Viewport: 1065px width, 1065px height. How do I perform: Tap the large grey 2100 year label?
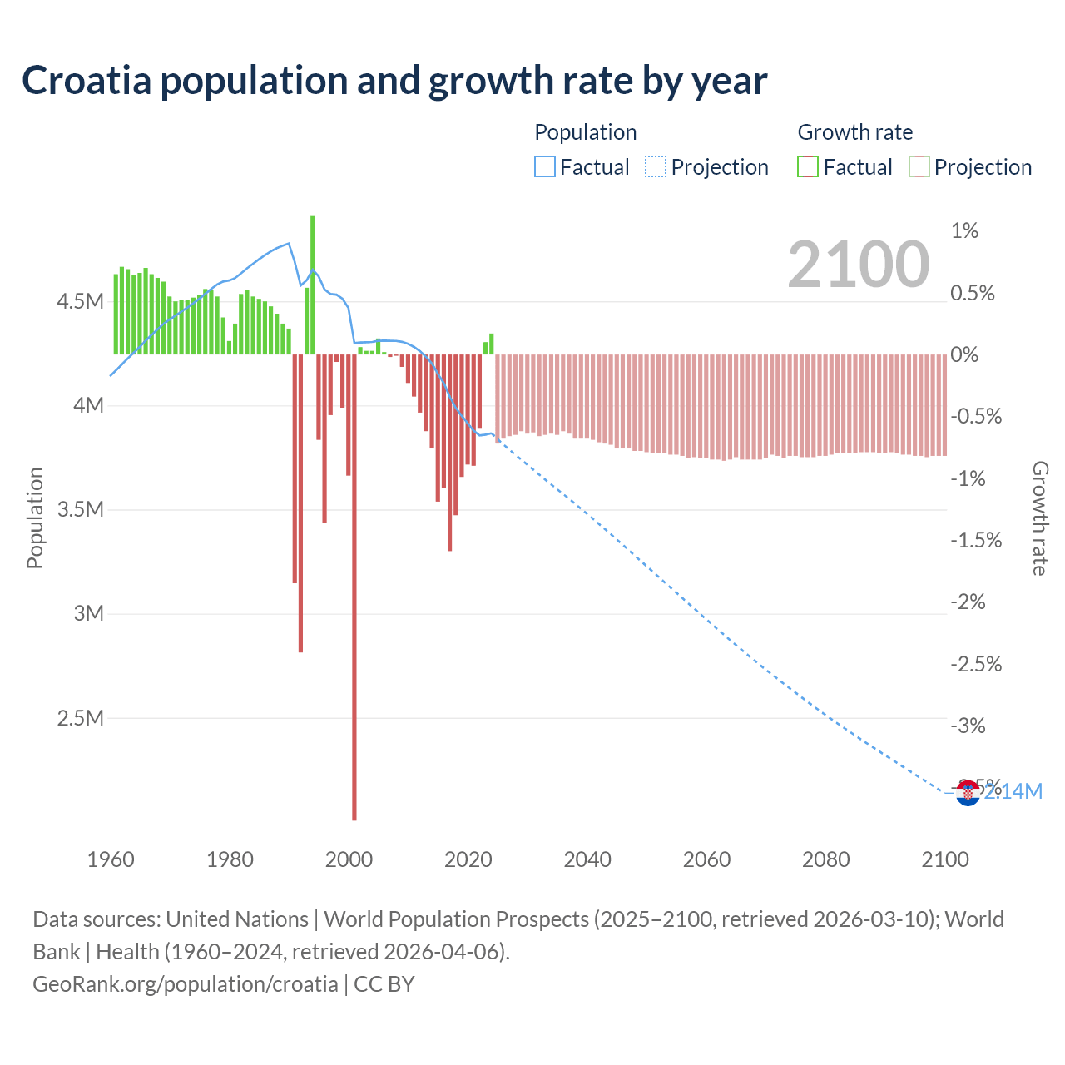click(x=858, y=265)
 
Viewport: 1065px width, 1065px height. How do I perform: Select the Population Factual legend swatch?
click(x=544, y=167)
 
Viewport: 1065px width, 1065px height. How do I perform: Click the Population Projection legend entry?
click(x=707, y=167)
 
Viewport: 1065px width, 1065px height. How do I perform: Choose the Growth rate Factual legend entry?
click(x=845, y=167)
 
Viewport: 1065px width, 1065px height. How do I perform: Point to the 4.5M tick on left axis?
click(x=80, y=301)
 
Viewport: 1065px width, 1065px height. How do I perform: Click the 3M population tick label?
click(x=88, y=614)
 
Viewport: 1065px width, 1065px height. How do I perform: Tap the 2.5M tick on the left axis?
click(x=80, y=718)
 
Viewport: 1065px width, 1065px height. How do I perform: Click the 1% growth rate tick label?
click(x=964, y=230)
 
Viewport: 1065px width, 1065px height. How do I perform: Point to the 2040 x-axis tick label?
click(x=587, y=859)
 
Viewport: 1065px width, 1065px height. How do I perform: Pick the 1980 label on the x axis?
click(x=230, y=859)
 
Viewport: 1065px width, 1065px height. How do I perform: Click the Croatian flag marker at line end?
click(x=967, y=793)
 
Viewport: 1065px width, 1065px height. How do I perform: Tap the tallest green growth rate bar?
click(x=313, y=283)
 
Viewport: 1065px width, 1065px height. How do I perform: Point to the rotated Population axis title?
click(x=35, y=518)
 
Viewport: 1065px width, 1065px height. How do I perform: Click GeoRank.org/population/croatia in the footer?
click(x=185, y=984)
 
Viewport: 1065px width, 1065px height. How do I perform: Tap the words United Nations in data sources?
click(x=237, y=919)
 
